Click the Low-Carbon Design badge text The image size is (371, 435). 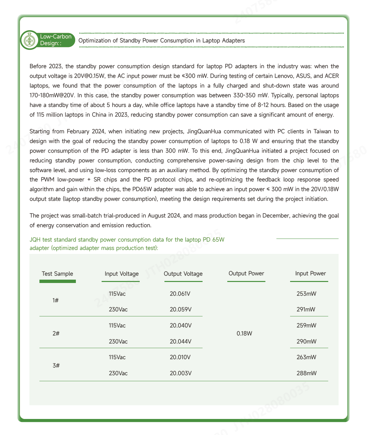(55, 40)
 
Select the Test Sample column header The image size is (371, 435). (57, 274)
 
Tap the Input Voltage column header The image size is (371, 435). (122, 274)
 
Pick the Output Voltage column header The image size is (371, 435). (183, 274)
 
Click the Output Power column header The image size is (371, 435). (246, 273)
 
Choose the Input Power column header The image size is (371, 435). (311, 273)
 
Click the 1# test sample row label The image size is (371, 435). (56, 300)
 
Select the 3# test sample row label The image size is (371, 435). (56, 365)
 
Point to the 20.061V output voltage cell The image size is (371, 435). (180, 294)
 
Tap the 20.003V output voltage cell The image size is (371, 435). (180, 373)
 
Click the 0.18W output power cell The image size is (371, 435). (244, 333)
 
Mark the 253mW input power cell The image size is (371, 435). (306, 294)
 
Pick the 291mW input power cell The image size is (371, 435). (306, 310)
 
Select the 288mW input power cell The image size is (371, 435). (306, 373)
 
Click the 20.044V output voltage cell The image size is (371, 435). (180, 341)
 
